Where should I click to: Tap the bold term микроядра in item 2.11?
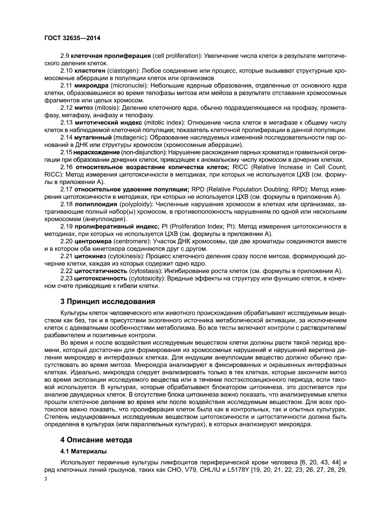tap(92, 85)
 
